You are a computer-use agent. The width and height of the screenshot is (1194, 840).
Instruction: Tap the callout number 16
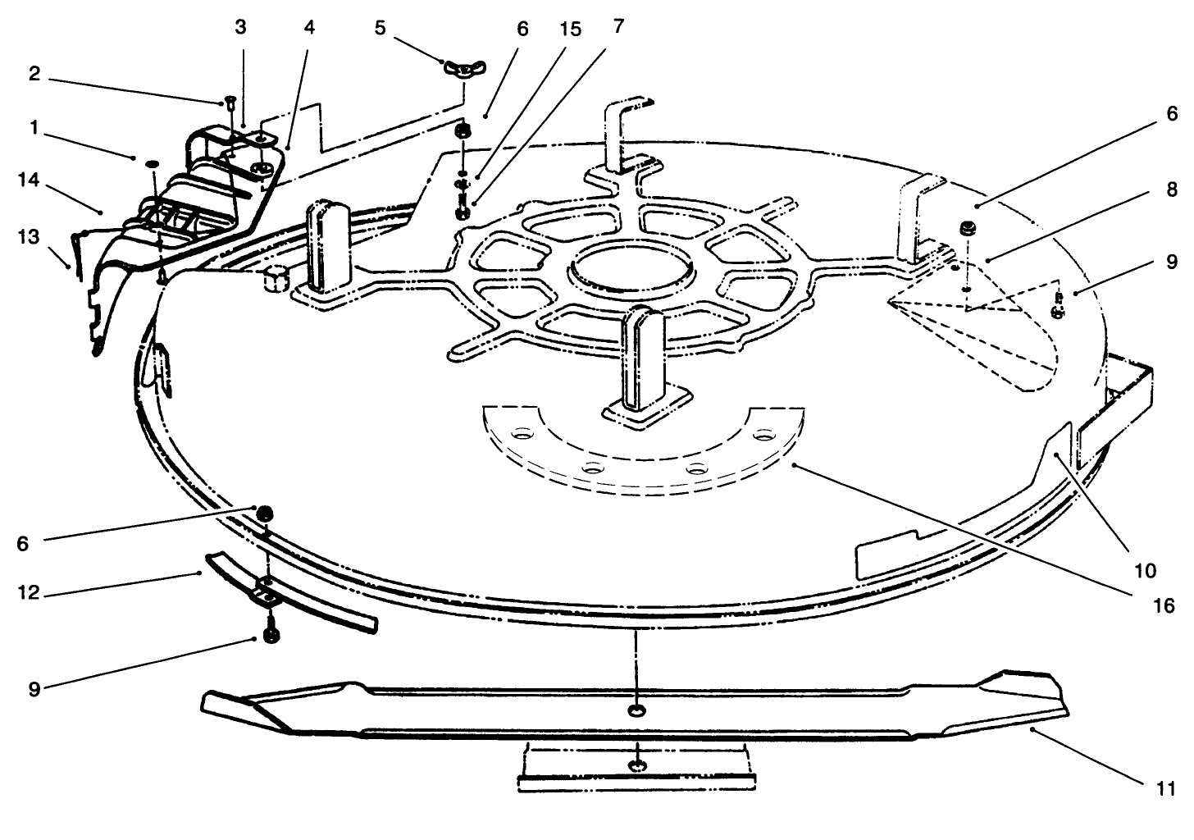(1163, 606)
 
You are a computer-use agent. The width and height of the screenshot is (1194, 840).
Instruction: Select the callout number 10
(1145, 571)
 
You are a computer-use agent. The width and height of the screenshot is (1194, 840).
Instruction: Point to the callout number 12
(28, 592)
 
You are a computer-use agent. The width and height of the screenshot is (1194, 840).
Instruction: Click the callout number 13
(28, 236)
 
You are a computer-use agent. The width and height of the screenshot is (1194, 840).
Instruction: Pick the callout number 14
(28, 180)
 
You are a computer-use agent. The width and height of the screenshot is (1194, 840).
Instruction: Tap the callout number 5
(380, 28)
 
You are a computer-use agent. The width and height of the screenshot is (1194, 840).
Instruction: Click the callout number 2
(34, 74)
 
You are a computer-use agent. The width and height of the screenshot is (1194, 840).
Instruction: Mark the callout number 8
(1172, 189)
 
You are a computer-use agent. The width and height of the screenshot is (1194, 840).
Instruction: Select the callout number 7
(618, 25)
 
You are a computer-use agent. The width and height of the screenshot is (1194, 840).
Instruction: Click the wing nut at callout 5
(463, 70)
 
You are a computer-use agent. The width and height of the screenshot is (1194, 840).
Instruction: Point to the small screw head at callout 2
(230, 102)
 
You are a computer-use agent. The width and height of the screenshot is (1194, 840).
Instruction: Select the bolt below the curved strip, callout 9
(271, 632)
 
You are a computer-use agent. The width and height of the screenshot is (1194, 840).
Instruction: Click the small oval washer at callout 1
(152, 162)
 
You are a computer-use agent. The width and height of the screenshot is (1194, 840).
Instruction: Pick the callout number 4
(309, 28)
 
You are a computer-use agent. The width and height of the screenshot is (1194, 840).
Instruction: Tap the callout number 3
(240, 27)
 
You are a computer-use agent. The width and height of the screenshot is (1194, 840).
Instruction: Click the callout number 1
(34, 128)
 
